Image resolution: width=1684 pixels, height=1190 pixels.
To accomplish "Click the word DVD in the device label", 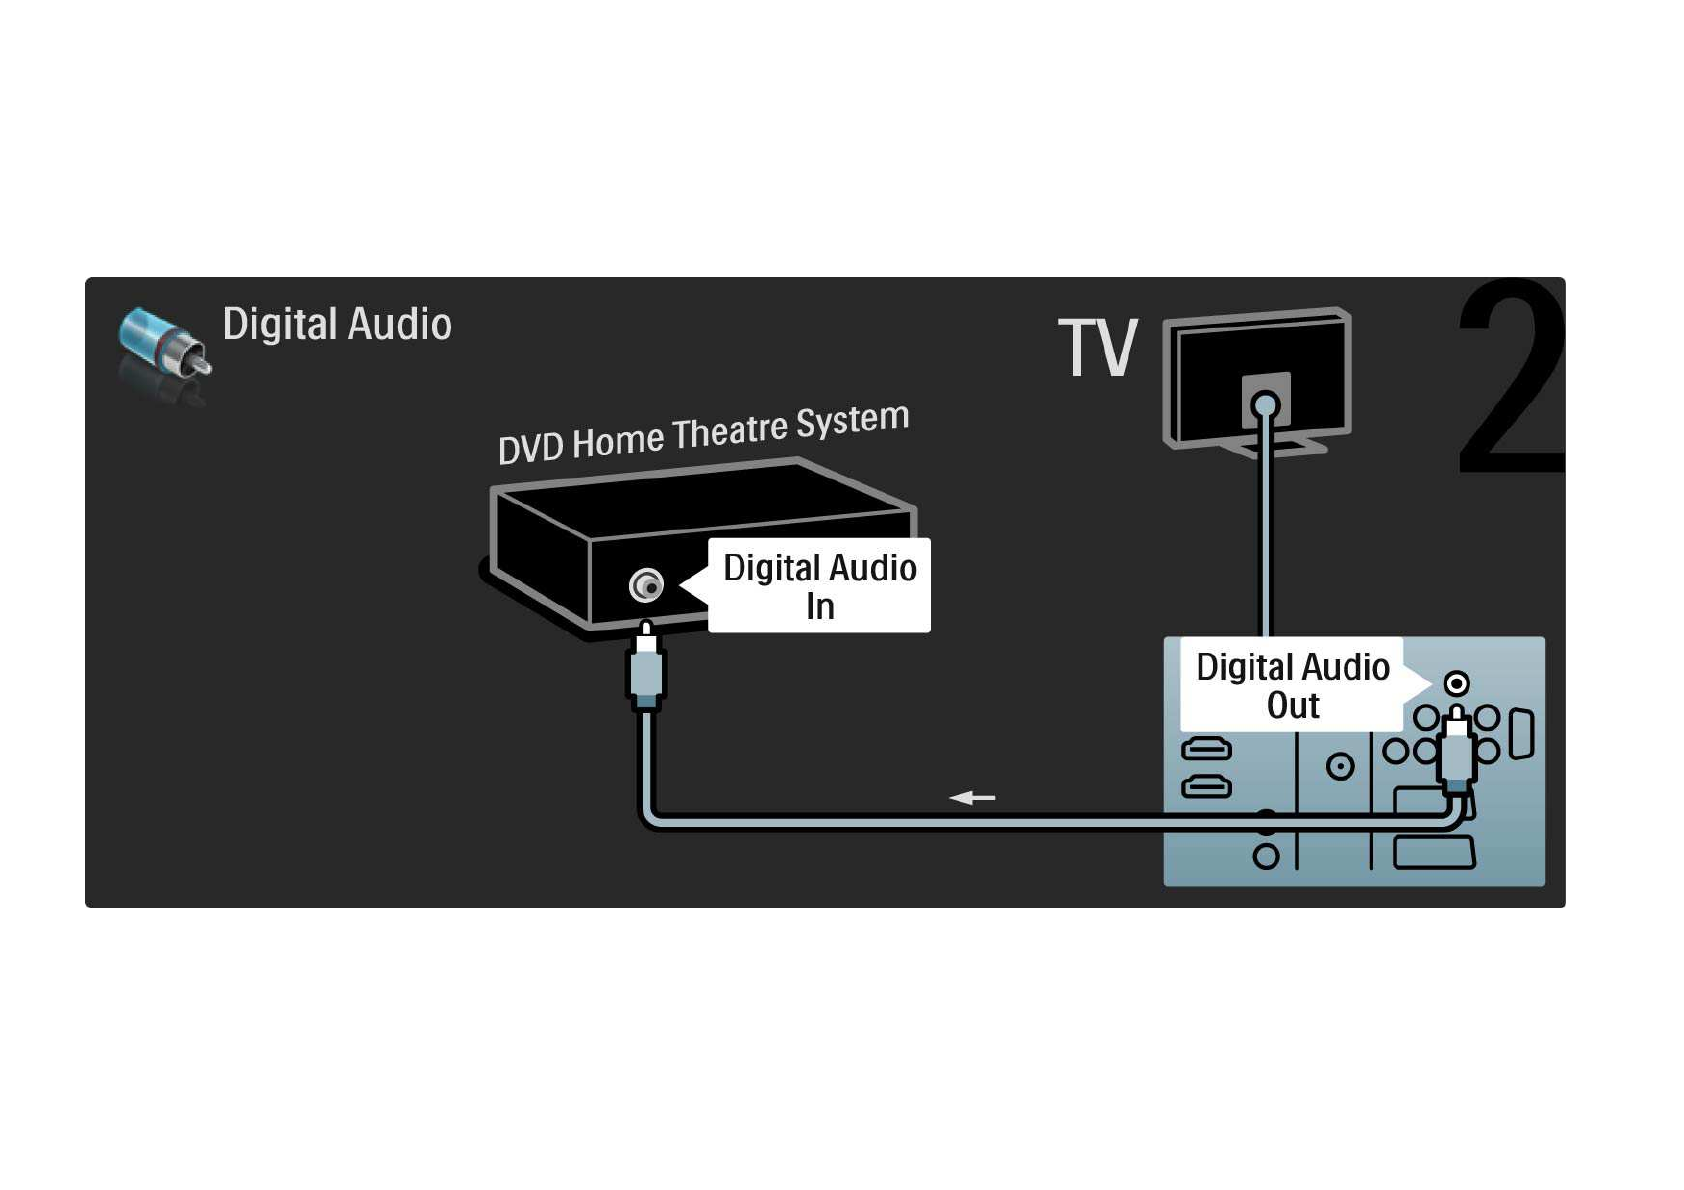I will (x=530, y=448).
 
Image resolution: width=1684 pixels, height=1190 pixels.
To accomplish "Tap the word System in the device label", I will (x=852, y=421).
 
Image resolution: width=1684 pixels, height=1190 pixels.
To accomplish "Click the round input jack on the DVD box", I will (x=647, y=585).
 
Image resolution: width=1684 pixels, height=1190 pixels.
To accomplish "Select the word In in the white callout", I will (x=820, y=607).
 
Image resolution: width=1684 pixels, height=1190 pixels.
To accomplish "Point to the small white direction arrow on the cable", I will (x=972, y=798).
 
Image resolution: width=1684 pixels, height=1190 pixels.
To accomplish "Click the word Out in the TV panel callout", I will (x=1293, y=706).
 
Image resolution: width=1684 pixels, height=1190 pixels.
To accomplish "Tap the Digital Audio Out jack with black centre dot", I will (x=1457, y=684).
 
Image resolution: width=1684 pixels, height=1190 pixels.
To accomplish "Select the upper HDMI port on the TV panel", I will (x=1207, y=748).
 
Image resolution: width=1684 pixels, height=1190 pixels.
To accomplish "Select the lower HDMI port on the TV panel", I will (x=1207, y=788).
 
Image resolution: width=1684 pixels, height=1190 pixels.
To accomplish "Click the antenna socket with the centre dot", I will (x=1340, y=767).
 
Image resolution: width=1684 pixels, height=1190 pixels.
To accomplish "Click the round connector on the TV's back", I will (x=1266, y=405).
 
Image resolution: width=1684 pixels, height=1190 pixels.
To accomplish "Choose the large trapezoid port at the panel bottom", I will (x=1434, y=854).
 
